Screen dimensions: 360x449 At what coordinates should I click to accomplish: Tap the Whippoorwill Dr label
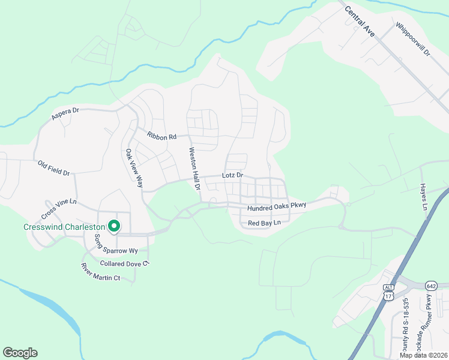point(414,39)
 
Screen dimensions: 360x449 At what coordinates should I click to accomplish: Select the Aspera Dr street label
point(65,113)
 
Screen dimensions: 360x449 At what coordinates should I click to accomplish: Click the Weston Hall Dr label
point(194,169)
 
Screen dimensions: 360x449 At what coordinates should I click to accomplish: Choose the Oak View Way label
point(134,168)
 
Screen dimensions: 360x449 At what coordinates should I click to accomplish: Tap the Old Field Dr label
point(53,167)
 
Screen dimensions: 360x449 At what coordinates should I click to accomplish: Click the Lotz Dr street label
point(232,175)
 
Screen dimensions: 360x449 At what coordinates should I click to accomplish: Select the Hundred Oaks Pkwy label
point(277,206)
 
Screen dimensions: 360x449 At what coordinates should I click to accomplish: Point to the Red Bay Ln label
point(264,223)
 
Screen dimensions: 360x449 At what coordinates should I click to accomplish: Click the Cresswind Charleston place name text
point(64,227)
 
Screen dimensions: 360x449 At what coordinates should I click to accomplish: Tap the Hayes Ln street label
point(423,197)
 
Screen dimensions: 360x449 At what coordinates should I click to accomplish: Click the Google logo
point(20,353)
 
